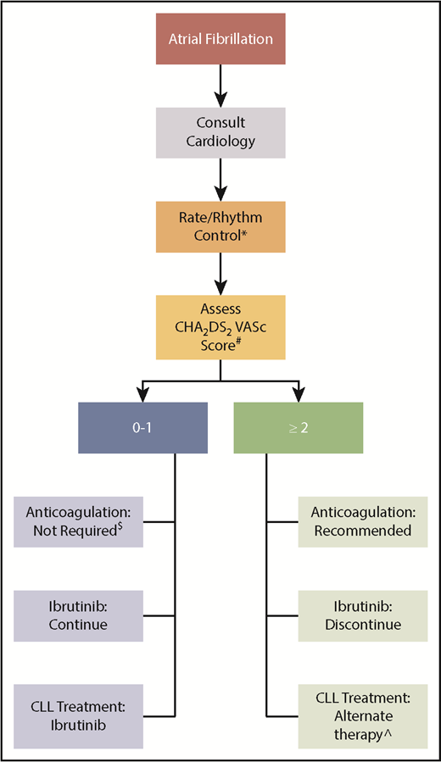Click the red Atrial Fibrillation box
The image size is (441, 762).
(x=220, y=40)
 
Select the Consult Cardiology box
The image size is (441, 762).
(x=220, y=133)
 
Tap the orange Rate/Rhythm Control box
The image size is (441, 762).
(x=220, y=226)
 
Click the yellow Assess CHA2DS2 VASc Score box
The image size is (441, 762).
(x=220, y=325)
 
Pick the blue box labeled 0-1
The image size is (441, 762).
(x=142, y=427)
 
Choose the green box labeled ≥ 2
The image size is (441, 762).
(x=298, y=427)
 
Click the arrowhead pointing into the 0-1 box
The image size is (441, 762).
(x=142, y=393)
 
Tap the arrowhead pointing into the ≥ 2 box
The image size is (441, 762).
(x=298, y=393)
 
